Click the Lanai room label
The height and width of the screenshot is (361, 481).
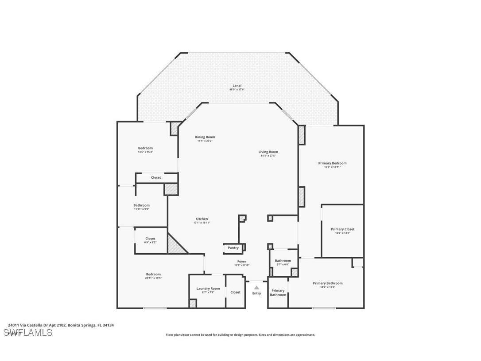pyautogui.click(x=237, y=86)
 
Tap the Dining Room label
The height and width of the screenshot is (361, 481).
pyautogui.click(x=205, y=137)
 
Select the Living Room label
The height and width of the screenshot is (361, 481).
pyautogui.click(x=268, y=152)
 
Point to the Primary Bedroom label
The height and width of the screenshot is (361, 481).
pyautogui.click(x=332, y=163)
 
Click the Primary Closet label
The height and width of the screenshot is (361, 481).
pyautogui.click(x=342, y=229)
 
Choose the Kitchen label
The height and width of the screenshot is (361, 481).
pyautogui.click(x=202, y=219)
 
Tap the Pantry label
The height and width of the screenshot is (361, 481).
pyautogui.click(x=233, y=248)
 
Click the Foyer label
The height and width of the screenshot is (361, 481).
pyautogui.click(x=241, y=262)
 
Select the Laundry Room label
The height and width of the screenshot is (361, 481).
pyautogui.click(x=208, y=289)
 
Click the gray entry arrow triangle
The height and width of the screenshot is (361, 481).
pyautogui.click(x=256, y=287)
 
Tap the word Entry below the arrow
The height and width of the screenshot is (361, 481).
pyautogui.click(x=256, y=293)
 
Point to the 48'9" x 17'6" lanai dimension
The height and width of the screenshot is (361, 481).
pyautogui.click(x=237, y=90)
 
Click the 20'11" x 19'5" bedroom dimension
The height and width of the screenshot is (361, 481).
pyautogui.click(x=153, y=278)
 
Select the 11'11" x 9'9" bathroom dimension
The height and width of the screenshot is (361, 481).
pyautogui.click(x=141, y=209)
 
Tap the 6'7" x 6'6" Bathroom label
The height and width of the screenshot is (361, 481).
pyautogui.click(x=283, y=261)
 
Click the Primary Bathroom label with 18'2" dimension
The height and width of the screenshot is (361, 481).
pyautogui.click(x=327, y=283)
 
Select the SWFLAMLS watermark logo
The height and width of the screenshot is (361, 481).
pyautogui.click(x=28, y=332)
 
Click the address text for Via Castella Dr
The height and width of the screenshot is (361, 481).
pyautogui.click(x=61, y=325)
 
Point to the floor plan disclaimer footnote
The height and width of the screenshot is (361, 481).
pyautogui.click(x=240, y=335)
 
